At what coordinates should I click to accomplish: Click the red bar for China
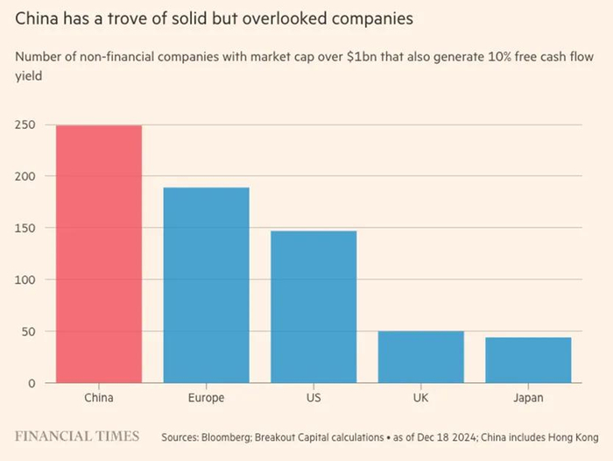click(99, 254)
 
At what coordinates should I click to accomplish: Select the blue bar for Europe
click(207, 285)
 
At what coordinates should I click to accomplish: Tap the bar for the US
click(314, 307)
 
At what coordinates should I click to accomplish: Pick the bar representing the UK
click(421, 357)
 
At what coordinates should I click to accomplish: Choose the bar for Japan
click(528, 360)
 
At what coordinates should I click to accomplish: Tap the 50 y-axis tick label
click(27, 331)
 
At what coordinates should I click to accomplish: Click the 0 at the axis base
click(31, 383)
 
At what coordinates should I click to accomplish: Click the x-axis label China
click(99, 398)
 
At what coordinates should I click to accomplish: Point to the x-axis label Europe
click(207, 398)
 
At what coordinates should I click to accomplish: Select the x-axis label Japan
click(528, 398)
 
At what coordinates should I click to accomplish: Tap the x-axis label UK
click(421, 398)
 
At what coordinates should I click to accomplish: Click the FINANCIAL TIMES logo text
click(77, 436)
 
